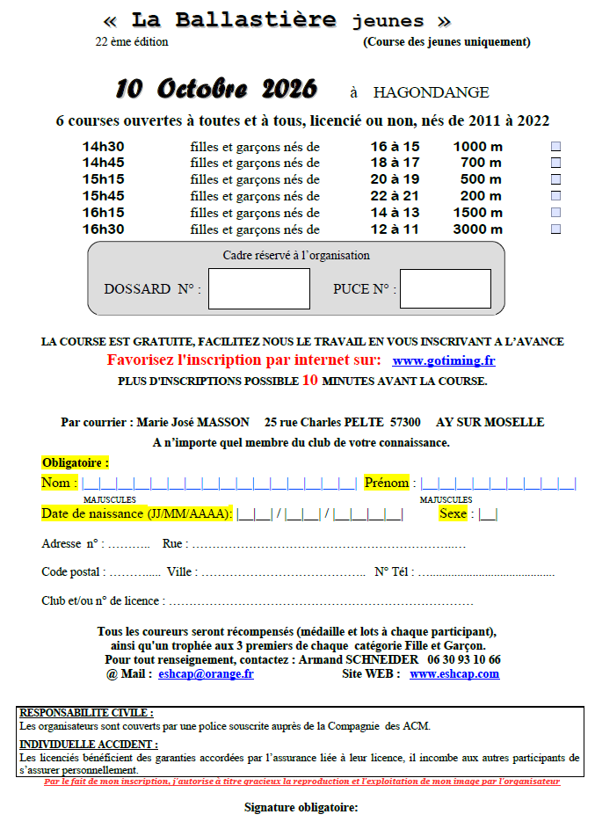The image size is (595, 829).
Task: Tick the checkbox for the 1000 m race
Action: tap(555, 147)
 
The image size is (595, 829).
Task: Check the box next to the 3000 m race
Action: tap(555, 229)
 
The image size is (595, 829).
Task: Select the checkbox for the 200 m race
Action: tap(555, 196)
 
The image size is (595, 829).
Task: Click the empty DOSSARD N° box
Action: tap(258, 288)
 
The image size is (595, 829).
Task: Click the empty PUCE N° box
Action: tap(445, 288)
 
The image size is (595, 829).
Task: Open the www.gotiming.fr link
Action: tap(443, 360)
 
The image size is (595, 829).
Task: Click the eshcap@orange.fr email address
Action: tap(206, 674)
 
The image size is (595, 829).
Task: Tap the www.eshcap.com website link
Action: tap(454, 674)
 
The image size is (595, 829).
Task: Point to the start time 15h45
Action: tap(104, 196)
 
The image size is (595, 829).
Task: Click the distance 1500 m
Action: tap(477, 213)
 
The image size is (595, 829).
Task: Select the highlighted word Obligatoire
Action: tap(75, 462)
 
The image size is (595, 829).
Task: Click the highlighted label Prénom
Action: tap(387, 483)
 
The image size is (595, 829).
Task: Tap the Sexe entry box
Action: tap(488, 514)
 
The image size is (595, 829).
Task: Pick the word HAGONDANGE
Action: tap(431, 92)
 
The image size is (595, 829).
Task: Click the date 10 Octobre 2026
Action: tap(215, 90)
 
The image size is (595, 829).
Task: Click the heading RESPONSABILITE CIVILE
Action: tap(86, 713)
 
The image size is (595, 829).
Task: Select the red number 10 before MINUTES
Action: tap(310, 381)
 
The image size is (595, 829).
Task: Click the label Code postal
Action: tap(72, 571)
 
